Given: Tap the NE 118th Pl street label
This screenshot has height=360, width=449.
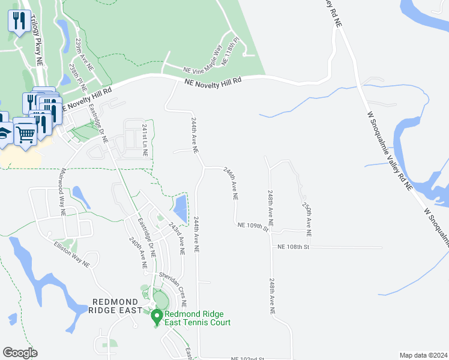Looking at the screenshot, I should tap(230, 52).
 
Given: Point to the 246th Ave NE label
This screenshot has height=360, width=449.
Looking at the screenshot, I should tap(231, 183).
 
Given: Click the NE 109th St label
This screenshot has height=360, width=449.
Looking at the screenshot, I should tap(252, 226).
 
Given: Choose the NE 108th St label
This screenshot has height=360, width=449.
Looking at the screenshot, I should tap(293, 247).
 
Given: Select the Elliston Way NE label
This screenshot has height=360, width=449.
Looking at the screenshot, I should tap(71, 254).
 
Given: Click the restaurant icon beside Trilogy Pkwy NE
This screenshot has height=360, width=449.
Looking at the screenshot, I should tap(19, 22).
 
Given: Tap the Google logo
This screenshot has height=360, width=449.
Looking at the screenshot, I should tap(20, 353).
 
